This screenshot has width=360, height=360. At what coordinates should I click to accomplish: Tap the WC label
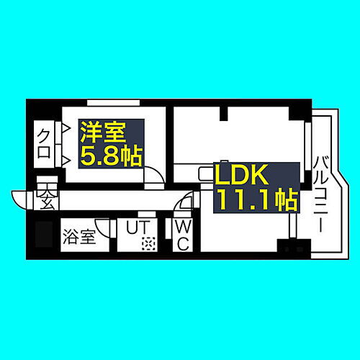[182, 235]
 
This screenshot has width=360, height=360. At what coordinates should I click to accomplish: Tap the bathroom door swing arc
[106, 229]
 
